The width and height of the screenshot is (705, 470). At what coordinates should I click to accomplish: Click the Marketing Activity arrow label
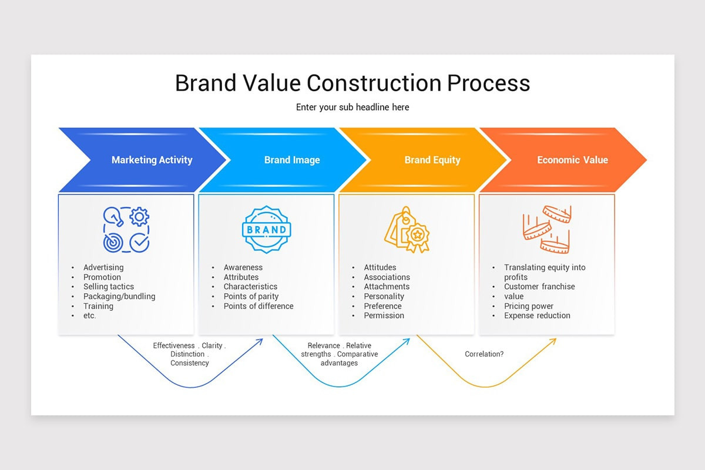click(152, 160)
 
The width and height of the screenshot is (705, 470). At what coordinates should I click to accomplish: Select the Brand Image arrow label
click(292, 160)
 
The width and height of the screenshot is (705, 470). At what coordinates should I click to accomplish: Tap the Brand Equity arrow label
click(432, 160)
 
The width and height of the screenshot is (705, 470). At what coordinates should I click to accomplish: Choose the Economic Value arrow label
click(572, 160)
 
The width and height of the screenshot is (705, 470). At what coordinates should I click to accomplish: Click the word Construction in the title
click(374, 83)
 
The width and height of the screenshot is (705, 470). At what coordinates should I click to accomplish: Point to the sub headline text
click(352, 107)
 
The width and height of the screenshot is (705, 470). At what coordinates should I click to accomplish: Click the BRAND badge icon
click(266, 229)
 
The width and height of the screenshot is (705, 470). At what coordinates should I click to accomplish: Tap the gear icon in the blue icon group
click(139, 217)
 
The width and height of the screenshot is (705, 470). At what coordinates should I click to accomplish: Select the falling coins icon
click(547, 229)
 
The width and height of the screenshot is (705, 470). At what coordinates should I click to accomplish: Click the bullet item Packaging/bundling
click(119, 296)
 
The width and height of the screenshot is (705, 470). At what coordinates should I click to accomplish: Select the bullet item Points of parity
click(251, 296)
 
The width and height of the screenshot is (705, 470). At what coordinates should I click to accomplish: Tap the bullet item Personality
click(384, 296)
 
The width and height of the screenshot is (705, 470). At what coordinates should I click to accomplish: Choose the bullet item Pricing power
click(529, 306)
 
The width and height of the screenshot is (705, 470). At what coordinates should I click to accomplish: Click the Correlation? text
click(484, 354)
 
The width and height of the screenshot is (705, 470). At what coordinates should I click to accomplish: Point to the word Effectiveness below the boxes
click(174, 345)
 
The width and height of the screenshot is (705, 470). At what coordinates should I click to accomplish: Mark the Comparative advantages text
click(349, 359)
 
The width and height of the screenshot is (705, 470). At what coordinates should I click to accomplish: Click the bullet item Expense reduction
click(537, 315)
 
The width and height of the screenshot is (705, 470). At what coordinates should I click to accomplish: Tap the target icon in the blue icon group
click(111, 242)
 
